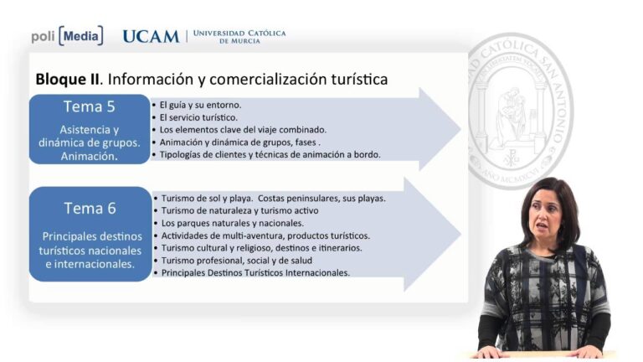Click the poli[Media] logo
67,36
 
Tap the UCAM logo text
151,37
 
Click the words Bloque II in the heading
67,80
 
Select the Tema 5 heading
89,106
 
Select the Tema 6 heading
90,209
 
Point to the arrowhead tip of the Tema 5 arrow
461,129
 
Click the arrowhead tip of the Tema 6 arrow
461,235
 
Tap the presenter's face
546,215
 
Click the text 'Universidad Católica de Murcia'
239,37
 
